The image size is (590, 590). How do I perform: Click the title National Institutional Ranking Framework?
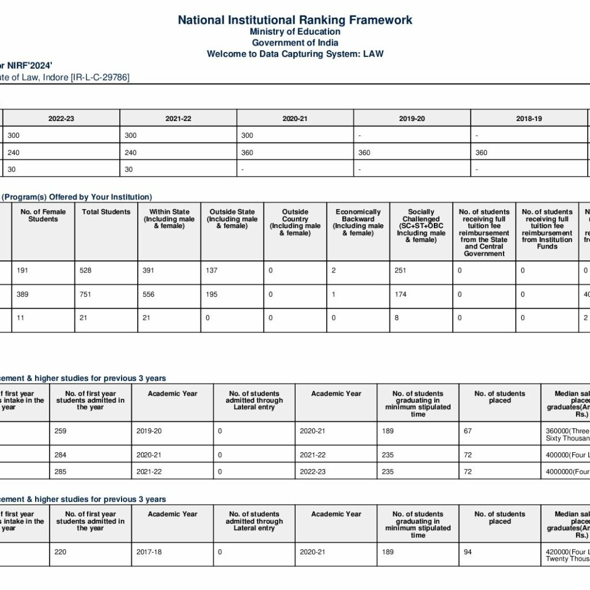pyautogui.click(x=295, y=20)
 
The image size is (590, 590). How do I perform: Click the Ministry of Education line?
pyautogui.click(x=295, y=32)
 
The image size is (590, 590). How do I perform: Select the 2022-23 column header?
pyautogui.click(x=61, y=119)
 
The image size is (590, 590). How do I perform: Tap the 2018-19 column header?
pyautogui.click(x=529, y=119)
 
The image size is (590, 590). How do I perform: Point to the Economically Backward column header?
pyautogui.click(x=358, y=222)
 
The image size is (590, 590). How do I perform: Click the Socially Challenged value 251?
pyautogui.click(x=400, y=271)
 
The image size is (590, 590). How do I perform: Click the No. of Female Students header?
pyautogui.click(x=43, y=215)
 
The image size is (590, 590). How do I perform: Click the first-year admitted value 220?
pyautogui.click(x=60, y=552)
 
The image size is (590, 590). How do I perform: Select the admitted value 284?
pyautogui.click(x=60, y=455)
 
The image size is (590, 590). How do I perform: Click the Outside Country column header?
pyautogui.click(x=295, y=222)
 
